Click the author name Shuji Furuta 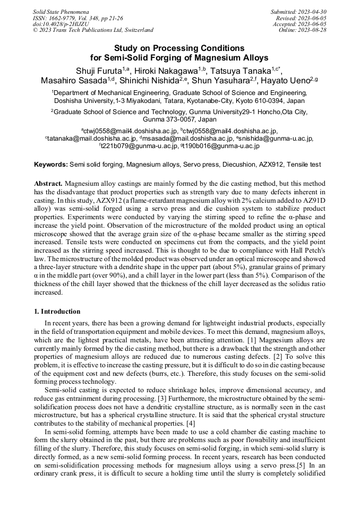click(98, 70)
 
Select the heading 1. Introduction click(57, 311)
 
